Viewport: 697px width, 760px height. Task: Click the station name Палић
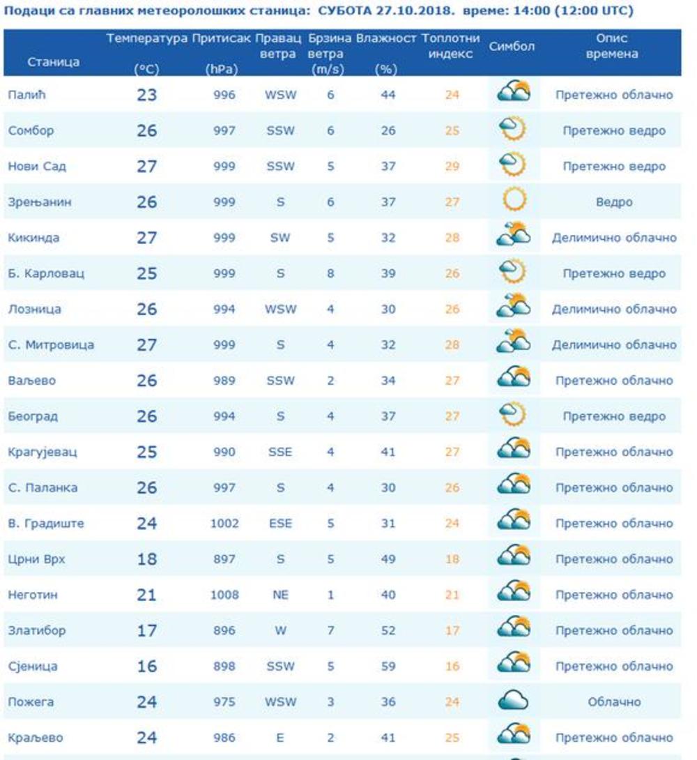click(x=22, y=95)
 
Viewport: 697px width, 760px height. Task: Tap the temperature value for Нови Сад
click(x=147, y=167)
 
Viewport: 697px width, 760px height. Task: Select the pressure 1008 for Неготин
click(x=224, y=595)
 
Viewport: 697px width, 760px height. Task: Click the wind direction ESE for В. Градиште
click(x=280, y=524)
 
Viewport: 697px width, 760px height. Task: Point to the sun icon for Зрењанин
click(x=514, y=202)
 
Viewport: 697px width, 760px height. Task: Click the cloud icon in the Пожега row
click(x=514, y=701)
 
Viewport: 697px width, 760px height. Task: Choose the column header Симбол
click(x=512, y=47)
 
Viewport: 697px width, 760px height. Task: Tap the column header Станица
click(x=54, y=62)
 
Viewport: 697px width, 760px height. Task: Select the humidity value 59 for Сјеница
click(x=388, y=666)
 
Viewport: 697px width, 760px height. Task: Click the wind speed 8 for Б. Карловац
click(x=330, y=273)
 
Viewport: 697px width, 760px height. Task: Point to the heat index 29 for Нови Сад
click(x=452, y=167)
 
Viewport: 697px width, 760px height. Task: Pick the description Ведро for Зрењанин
click(x=614, y=202)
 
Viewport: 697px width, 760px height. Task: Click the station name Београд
click(x=33, y=416)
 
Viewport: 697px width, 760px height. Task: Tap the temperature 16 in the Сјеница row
click(x=147, y=667)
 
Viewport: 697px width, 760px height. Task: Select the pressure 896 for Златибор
click(x=224, y=630)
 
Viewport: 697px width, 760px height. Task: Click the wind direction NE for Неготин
click(x=280, y=595)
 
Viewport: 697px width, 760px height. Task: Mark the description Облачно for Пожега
click(x=614, y=701)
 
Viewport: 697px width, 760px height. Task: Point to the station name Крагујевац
click(x=43, y=452)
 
